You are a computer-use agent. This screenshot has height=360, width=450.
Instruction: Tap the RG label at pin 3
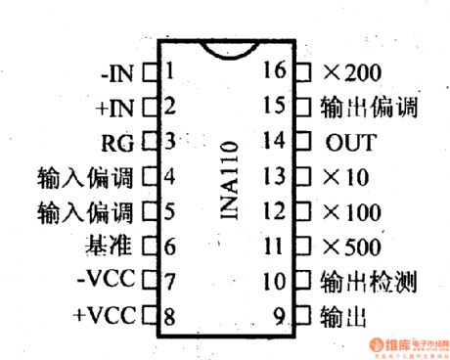click(x=123, y=141)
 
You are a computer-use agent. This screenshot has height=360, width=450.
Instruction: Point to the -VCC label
click(x=112, y=282)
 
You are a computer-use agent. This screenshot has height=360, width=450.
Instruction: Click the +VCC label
click(x=111, y=316)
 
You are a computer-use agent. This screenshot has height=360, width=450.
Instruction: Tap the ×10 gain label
click(x=345, y=177)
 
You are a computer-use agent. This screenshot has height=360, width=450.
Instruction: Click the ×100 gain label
click(x=351, y=211)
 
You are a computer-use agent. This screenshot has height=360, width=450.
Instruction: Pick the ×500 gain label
click(x=351, y=247)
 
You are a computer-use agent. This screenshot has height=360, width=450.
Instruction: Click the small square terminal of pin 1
click(x=151, y=71)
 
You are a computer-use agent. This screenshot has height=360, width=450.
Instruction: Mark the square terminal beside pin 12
click(x=302, y=211)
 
